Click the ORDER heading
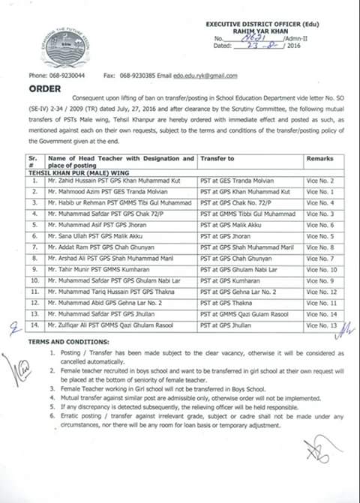43,86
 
